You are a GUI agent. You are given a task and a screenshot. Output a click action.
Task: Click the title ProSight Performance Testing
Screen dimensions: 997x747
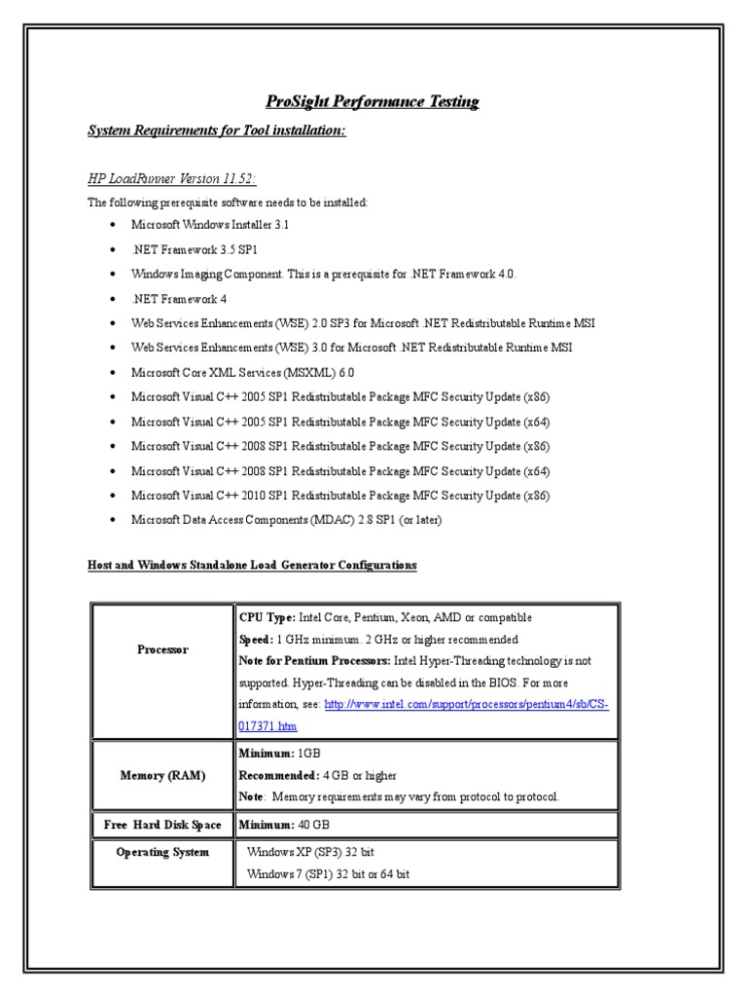[x=373, y=101]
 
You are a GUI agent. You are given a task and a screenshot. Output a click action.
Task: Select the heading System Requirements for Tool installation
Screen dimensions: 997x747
[x=217, y=130]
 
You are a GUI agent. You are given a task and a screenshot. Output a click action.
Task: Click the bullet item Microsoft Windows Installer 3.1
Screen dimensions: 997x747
[x=211, y=224]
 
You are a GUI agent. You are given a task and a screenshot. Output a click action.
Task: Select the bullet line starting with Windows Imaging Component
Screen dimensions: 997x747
[x=324, y=274]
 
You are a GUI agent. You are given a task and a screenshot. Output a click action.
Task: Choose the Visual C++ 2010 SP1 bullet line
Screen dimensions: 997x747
[x=340, y=495]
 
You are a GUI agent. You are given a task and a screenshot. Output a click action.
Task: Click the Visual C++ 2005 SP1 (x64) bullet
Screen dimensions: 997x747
[x=340, y=421]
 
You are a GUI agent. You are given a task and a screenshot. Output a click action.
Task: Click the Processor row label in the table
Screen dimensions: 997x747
[x=162, y=649]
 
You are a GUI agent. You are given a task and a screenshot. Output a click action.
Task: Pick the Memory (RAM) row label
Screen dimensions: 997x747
[x=162, y=775]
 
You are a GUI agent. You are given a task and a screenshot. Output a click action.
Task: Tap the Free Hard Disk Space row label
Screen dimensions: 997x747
[x=162, y=825]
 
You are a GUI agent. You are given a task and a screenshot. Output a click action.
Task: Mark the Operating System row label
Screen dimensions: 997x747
[x=162, y=852]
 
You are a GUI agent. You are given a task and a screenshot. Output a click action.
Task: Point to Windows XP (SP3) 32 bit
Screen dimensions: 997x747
[x=311, y=851]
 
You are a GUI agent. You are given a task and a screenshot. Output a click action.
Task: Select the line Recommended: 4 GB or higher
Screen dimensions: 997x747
[x=317, y=775]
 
